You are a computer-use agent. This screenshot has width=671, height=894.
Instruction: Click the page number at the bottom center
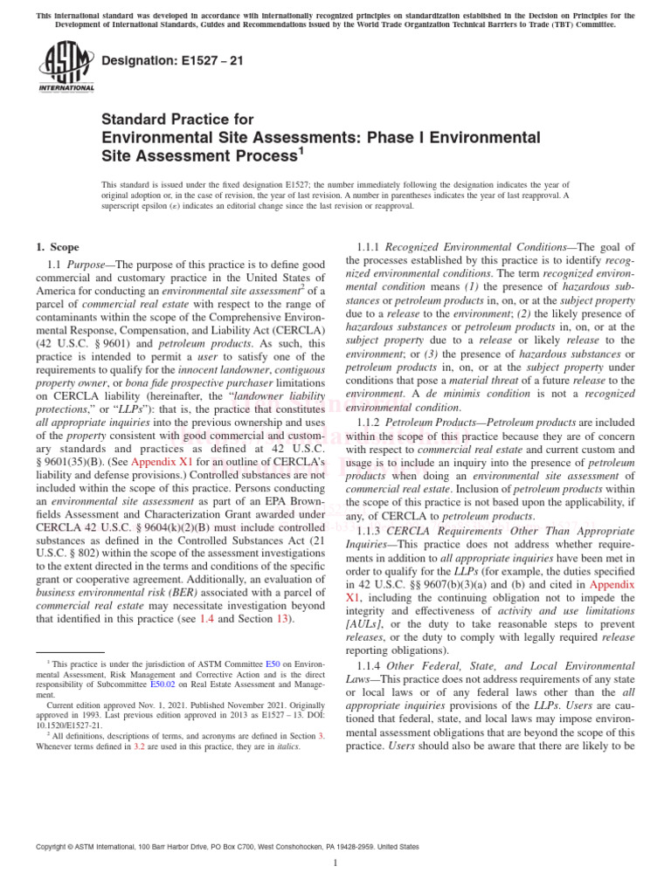[335, 863]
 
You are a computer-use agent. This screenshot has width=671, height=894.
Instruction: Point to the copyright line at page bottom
[226, 846]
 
